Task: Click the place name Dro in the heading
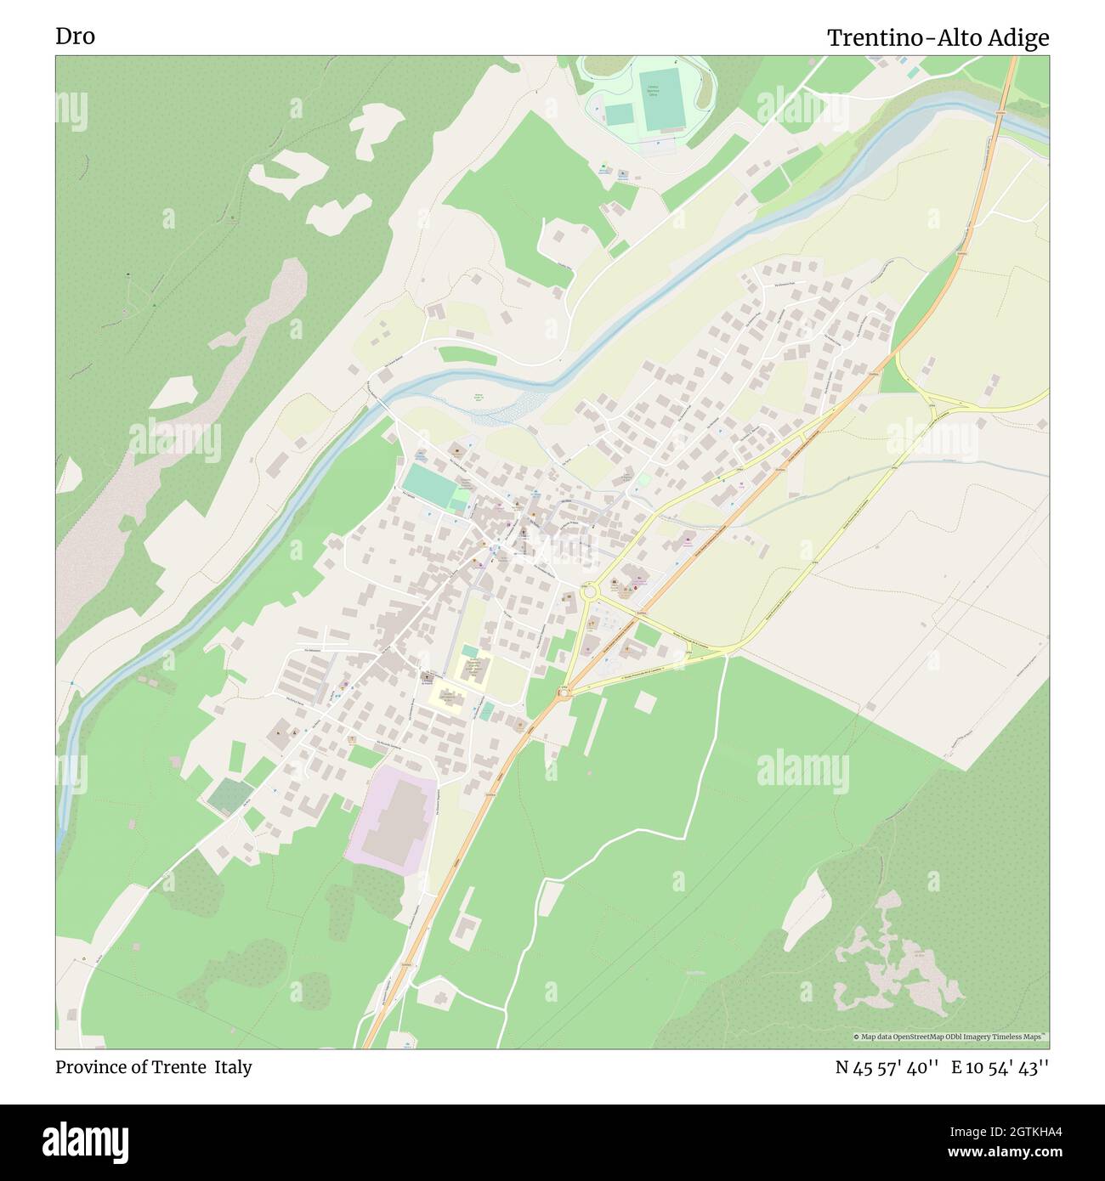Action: (x=75, y=37)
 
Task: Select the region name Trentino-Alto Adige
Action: (x=938, y=38)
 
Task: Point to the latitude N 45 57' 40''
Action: (x=887, y=1067)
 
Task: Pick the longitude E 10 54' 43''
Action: (x=1000, y=1067)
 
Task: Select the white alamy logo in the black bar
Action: (x=88, y=1139)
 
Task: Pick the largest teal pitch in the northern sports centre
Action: (x=663, y=101)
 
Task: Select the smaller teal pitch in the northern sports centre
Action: (x=619, y=113)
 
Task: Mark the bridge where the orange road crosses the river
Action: (x=1001, y=112)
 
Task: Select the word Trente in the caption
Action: (x=179, y=1067)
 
